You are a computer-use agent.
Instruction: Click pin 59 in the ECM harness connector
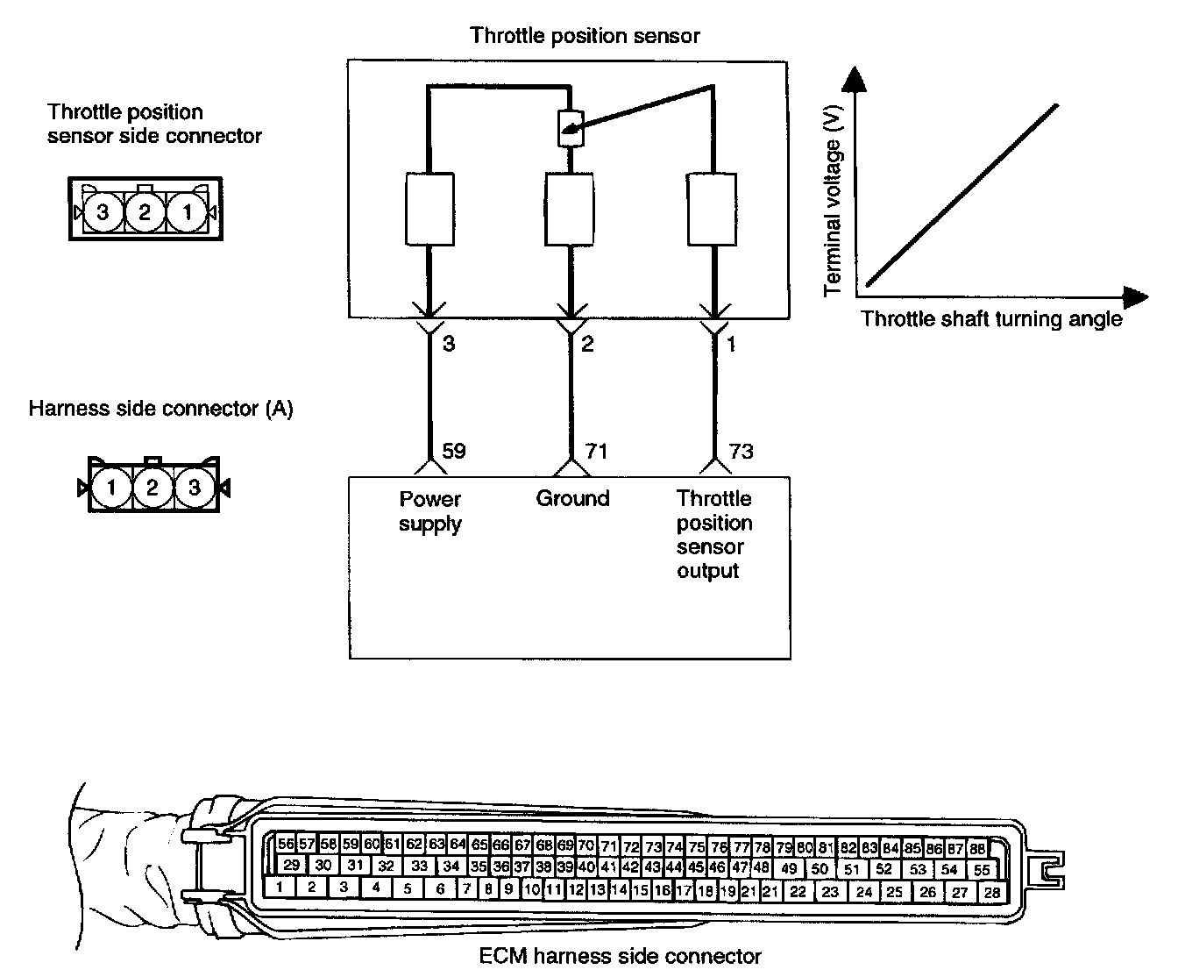pos(351,845)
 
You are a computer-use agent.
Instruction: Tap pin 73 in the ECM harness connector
pos(653,847)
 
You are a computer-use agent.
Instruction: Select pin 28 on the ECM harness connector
pos(991,892)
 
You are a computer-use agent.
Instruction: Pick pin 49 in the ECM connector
pos(789,868)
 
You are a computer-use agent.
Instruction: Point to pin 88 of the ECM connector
pos(978,848)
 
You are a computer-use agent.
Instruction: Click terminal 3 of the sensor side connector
pos(103,211)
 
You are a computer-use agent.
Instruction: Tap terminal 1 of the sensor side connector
pos(187,211)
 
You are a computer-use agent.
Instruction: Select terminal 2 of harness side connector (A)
pos(153,487)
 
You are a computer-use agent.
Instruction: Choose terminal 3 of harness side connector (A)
pos(194,487)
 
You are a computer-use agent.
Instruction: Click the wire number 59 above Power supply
pos(454,452)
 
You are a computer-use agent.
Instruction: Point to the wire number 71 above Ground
pos(595,452)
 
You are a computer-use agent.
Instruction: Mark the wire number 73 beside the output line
pos(741,452)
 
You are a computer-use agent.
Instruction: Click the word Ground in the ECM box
pos(572,498)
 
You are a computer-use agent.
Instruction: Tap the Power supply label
pos(430,511)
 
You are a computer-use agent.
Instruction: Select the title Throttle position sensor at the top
pos(585,36)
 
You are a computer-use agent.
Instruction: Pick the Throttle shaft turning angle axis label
pos(991,318)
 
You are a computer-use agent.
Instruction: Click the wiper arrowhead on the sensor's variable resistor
pos(571,134)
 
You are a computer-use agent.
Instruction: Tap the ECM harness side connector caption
pos(621,956)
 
